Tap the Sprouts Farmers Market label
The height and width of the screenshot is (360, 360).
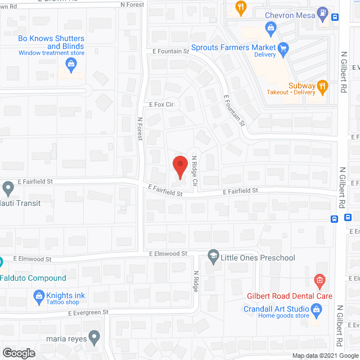pyautogui.click(x=233, y=48)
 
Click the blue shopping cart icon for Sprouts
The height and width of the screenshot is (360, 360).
pyautogui.click(x=283, y=48)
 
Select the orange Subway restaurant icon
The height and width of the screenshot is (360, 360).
pyautogui.click(x=322, y=86)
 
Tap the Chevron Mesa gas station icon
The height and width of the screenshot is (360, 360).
pyautogui.click(x=322, y=11)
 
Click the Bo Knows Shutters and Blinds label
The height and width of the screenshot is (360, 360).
pyautogui.click(x=51, y=42)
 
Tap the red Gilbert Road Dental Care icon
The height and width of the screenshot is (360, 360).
pyautogui.click(x=319, y=280)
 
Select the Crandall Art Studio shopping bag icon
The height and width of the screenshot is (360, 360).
pyautogui.click(x=317, y=309)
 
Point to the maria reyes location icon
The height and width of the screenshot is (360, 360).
pyautogui.click(x=94, y=337)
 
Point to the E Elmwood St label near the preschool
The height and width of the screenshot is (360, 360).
pyautogui.click(x=168, y=254)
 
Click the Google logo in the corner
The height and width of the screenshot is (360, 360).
pyautogui.click(x=18, y=353)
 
